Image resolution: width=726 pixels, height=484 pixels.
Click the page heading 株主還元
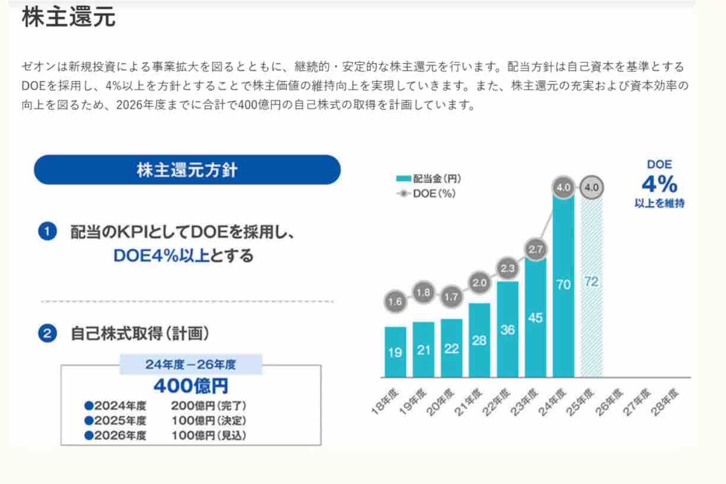pos(68,18)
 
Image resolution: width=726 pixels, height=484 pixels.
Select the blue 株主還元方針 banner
pos(187,170)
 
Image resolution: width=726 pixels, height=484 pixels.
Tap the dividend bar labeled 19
pos(395,352)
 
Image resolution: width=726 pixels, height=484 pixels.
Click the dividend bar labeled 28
pos(480,340)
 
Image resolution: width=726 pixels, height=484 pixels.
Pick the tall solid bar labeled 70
pos(563,285)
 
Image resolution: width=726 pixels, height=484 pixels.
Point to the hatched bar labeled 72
pos(591,281)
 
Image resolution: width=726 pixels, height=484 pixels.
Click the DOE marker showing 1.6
pos(395,302)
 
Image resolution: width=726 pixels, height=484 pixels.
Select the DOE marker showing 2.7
pos(535,250)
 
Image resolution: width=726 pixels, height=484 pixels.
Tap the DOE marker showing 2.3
pos(508,269)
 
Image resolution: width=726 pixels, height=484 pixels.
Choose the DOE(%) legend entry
pos(426,193)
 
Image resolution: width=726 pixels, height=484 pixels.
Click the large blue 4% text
pos(659,184)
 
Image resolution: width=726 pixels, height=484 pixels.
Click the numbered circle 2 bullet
pos(47,334)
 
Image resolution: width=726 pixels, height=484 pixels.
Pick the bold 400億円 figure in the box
pos(191,386)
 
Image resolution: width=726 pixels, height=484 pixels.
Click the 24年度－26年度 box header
pos(191,364)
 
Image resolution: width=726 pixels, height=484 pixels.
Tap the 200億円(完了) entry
pos(208,406)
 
